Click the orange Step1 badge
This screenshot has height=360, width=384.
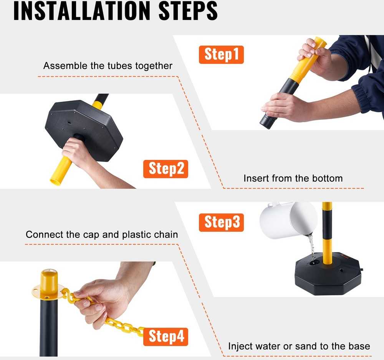pos(221,55)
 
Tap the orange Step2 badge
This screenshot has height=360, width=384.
pos(166,169)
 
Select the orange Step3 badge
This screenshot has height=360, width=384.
pos(221,222)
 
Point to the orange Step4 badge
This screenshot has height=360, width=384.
pos(166,337)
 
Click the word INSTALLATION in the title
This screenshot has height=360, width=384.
pos(82,11)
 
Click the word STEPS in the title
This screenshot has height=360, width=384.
pos(188,11)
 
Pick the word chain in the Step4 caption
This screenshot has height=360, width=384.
pos(167,234)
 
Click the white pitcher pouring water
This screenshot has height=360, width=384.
pos(288,220)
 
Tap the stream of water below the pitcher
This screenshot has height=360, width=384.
pos(311,247)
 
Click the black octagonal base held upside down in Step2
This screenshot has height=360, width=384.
pos(84,130)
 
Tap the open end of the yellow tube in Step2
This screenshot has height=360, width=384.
pos(55,182)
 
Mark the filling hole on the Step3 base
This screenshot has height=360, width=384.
pos(314,263)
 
